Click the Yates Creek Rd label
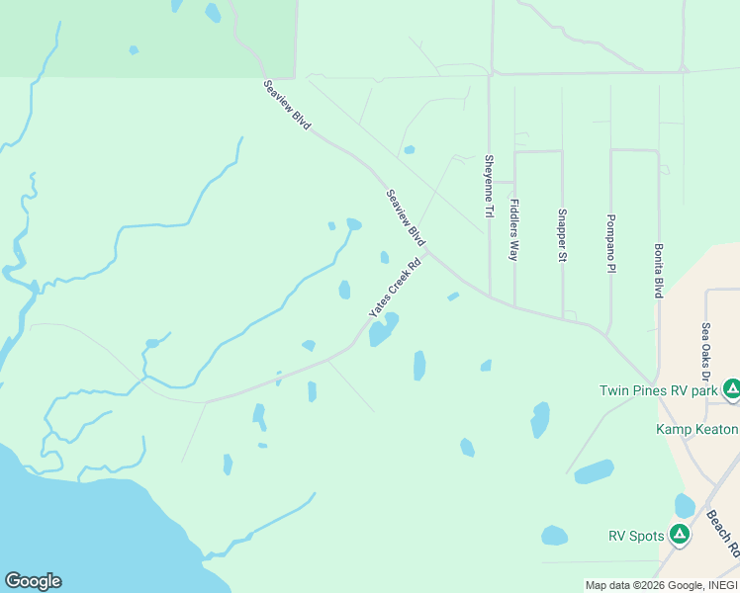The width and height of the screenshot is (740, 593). coord(396,288)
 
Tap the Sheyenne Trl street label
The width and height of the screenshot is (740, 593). coord(488,186)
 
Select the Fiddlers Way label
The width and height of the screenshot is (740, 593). coord(513,229)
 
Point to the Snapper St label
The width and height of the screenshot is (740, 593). coord(561,235)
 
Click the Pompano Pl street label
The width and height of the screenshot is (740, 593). coord(610,240)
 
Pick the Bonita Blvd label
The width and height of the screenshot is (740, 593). coord(658,272)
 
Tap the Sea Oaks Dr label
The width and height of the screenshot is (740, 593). coord(706,352)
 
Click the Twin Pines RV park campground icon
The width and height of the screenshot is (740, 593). coord(731,389)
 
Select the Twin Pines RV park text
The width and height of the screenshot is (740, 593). coord(659,390)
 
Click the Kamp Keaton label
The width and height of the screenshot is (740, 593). coord(697,429)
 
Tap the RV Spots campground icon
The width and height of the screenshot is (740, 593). coord(679,536)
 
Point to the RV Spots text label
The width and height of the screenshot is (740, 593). coord(635,537)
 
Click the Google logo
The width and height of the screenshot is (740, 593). coord(33,581)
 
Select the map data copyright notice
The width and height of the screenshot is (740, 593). coord(661,585)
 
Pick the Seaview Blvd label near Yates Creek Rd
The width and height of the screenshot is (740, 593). coord(406,218)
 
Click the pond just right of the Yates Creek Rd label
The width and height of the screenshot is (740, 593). coord(383,330)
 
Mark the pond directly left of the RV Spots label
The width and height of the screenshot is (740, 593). coord(554,536)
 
